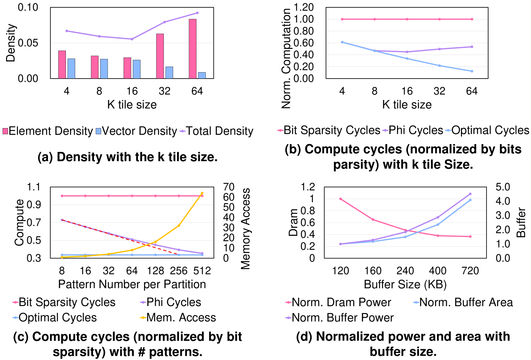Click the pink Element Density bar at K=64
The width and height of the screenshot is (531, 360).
(x=192, y=49)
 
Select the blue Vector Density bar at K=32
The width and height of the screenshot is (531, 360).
(x=169, y=73)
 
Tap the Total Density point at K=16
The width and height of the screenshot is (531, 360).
(x=132, y=39)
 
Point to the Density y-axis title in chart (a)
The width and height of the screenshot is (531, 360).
(x=11, y=43)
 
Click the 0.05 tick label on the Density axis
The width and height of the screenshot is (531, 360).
(x=28, y=43)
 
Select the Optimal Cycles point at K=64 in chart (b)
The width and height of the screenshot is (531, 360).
(x=472, y=71)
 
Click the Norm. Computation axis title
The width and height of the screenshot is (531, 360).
(x=286, y=59)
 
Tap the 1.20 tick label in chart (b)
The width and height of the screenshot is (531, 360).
(x=303, y=7)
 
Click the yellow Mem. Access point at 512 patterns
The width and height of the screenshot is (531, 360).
(x=202, y=193)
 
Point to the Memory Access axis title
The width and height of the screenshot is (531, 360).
(x=246, y=229)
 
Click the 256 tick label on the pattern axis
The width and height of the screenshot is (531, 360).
(x=179, y=271)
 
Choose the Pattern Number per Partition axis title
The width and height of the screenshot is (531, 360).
(x=132, y=284)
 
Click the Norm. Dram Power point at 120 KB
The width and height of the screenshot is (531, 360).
(x=340, y=199)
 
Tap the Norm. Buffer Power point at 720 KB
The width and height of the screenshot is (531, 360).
(x=470, y=194)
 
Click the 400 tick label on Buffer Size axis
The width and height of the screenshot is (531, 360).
(x=438, y=271)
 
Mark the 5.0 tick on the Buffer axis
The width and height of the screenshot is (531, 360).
(x=503, y=187)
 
